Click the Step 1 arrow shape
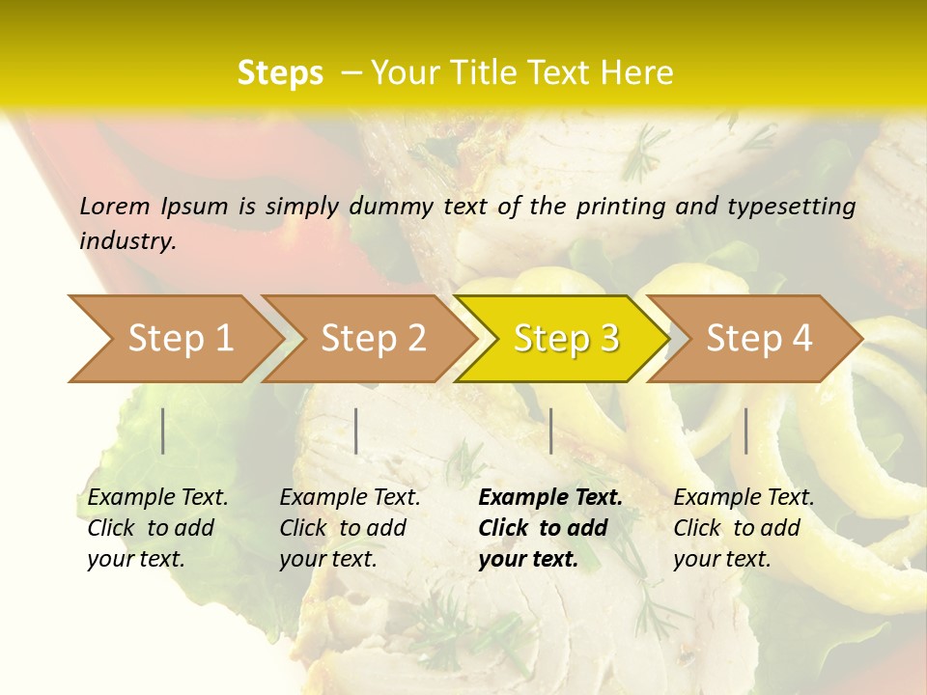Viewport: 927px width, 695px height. [174, 339]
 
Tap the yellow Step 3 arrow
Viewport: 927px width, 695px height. [562, 339]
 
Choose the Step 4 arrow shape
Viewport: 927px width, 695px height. [755, 339]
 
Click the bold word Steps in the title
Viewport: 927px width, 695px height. [280, 73]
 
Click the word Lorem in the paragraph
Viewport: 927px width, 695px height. [115, 206]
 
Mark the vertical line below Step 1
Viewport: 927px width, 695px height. [163, 431]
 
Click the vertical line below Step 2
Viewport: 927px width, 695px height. [356, 431]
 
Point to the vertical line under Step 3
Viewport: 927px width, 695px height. [550, 431]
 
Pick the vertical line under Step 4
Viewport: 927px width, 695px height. [746, 431]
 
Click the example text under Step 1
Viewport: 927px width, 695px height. [157, 528]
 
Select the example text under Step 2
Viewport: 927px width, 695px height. [350, 528]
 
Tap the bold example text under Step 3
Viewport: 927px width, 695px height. [550, 528]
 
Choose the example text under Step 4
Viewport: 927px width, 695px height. [744, 528]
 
